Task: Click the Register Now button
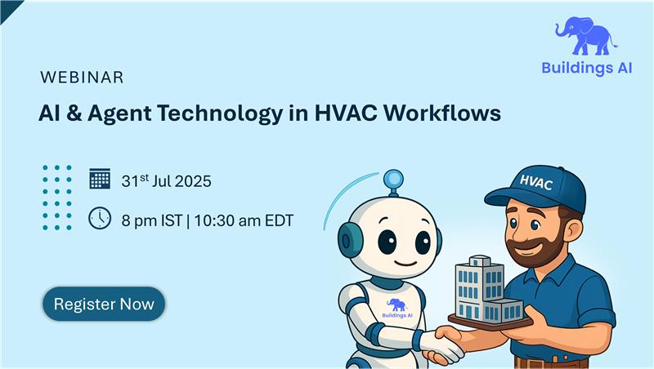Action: [104, 305]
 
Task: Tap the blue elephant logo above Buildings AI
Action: [586, 37]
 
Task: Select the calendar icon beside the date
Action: [100, 179]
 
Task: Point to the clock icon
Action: [100, 218]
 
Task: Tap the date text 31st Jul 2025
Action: [166, 180]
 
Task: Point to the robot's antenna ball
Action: [393, 178]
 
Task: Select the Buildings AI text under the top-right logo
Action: [586, 69]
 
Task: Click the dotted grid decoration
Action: [57, 197]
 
